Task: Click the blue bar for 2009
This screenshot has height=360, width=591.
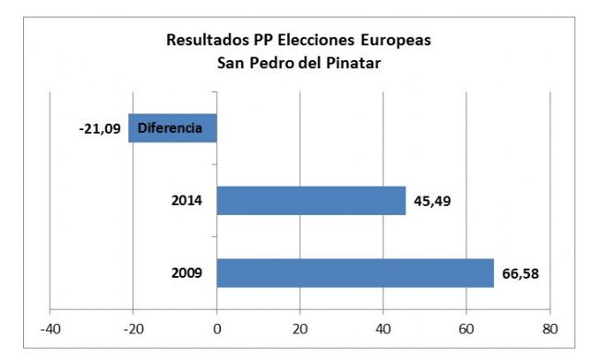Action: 356,273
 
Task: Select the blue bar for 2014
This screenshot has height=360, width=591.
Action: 311,200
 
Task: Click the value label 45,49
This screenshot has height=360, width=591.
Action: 434,200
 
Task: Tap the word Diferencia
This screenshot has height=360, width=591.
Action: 170,127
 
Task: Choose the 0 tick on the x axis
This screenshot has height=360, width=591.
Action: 217,327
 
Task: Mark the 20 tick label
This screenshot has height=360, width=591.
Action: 300,327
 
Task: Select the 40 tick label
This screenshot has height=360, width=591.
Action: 383,327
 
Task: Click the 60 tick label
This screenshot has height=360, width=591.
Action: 466,327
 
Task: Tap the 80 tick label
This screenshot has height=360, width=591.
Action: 549,327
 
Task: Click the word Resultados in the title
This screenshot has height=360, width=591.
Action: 203,41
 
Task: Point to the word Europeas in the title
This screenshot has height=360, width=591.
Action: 397,41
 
